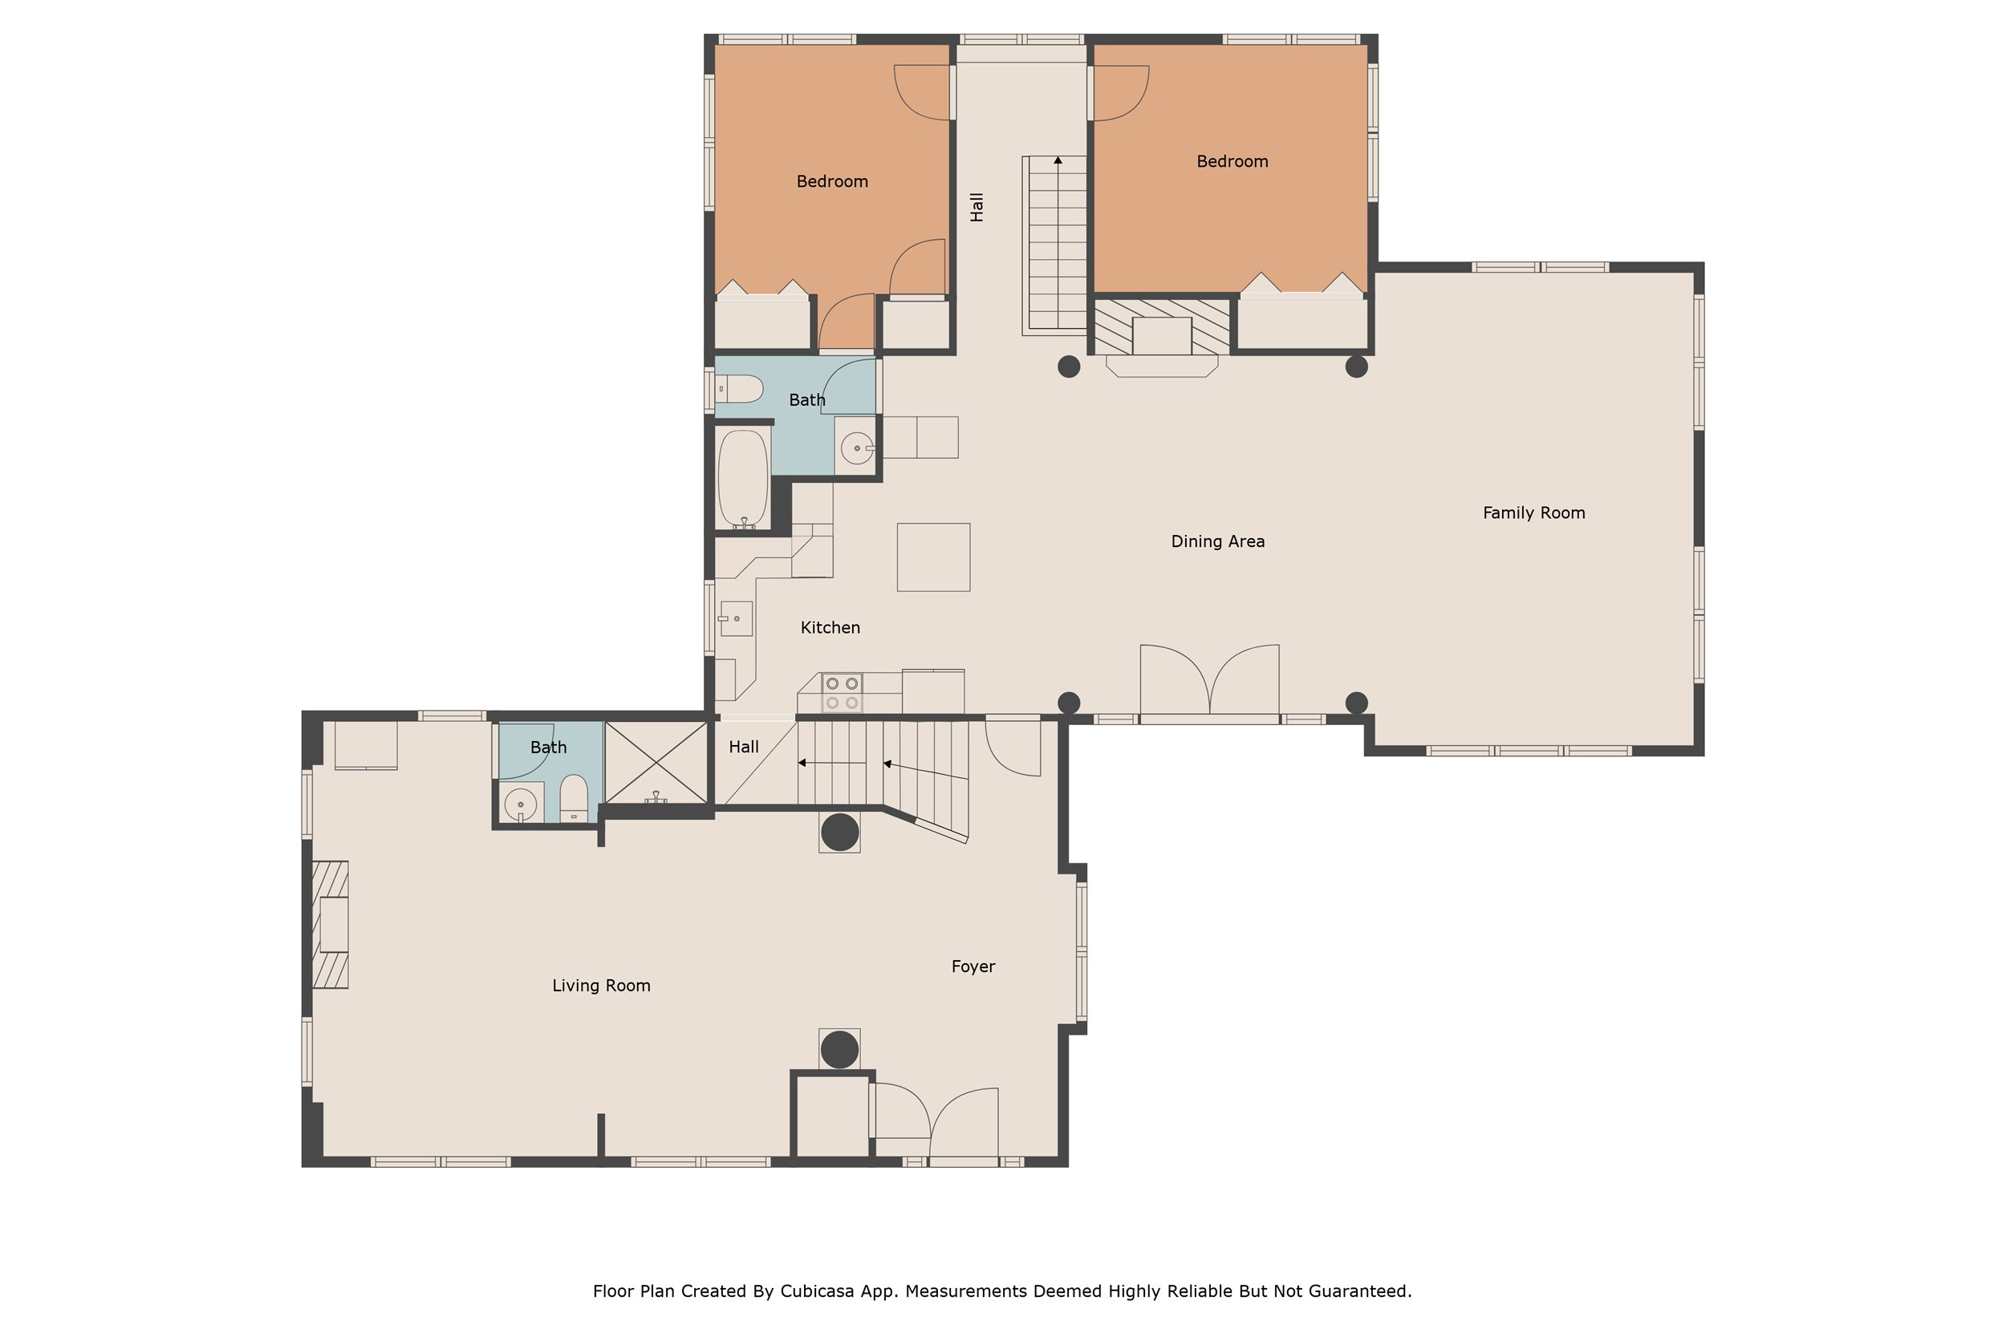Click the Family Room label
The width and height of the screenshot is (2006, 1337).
click(1533, 513)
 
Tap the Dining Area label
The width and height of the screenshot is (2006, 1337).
click(1217, 541)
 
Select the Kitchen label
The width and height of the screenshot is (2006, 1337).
click(830, 627)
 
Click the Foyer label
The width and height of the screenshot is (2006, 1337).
click(973, 966)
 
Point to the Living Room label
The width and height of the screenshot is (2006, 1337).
click(600, 986)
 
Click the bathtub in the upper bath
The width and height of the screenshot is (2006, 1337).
click(743, 478)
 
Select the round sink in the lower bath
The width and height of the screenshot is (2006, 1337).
click(520, 803)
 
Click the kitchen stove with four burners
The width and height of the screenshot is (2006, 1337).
click(841, 693)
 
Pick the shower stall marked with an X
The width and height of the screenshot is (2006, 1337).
click(656, 762)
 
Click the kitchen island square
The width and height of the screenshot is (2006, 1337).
click(933, 557)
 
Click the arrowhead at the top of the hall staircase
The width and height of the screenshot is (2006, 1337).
click(1058, 160)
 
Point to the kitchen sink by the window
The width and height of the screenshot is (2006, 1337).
click(736, 618)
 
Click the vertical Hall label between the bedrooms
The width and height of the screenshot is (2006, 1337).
click(977, 206)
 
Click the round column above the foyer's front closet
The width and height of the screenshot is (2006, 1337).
click(839, 1050)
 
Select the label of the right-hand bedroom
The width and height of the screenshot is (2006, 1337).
click(1232, 161)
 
